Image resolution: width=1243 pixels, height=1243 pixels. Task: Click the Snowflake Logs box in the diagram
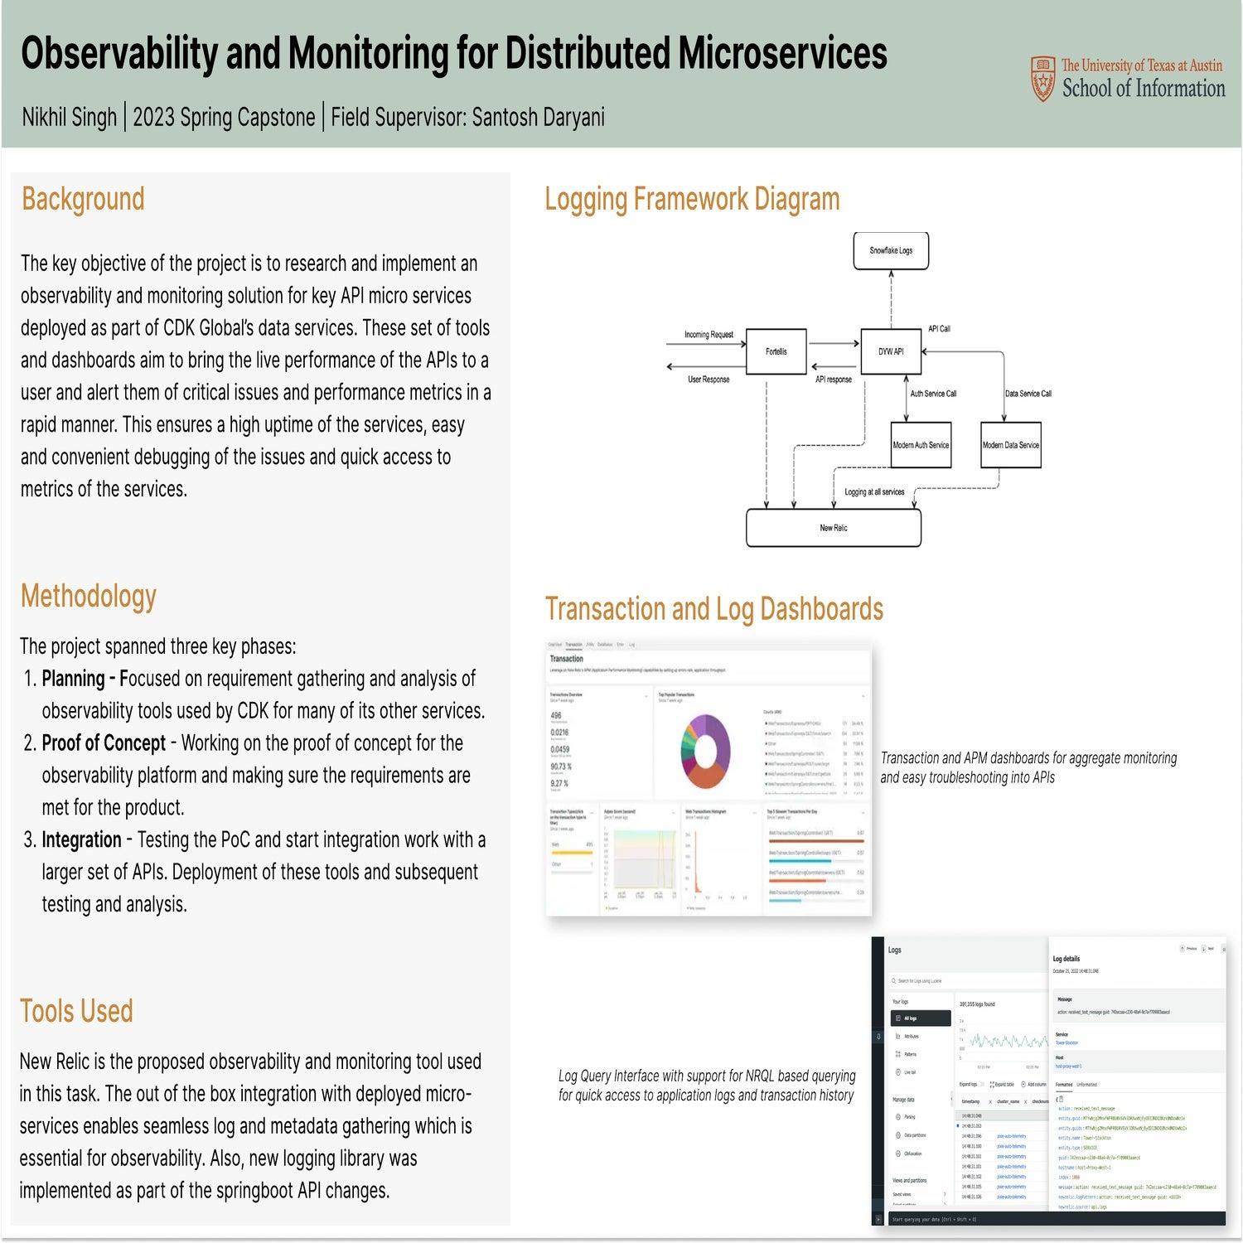[891, 250]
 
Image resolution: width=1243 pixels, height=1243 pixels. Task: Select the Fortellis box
[776, 352]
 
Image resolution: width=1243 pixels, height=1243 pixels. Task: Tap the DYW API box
[891, 352]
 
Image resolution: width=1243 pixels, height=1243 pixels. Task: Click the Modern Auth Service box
[921, 445]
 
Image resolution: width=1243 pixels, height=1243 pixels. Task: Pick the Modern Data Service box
[1010, 445]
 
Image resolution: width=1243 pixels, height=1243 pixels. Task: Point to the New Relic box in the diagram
[833, 528]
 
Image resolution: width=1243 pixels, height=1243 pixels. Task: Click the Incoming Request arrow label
[709, 335]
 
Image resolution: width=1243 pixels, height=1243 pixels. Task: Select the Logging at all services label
[874, 492]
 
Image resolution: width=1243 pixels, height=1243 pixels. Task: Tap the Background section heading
[83, 200]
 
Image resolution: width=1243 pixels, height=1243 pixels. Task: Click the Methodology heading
[89, 597]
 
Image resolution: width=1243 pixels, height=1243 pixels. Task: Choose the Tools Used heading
[76, 1012]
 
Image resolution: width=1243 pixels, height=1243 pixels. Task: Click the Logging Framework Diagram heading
[692, 200]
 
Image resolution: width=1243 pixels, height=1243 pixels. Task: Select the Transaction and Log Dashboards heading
[713, 609]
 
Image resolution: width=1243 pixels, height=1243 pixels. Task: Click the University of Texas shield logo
[1043, 79]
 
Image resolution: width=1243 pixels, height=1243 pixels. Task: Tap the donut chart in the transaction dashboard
[705, 752]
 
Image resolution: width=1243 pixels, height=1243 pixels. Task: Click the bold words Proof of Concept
[104, 743]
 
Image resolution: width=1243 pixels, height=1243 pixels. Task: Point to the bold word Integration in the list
[81, 840]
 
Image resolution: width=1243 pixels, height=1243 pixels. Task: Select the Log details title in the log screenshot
[1066, 959]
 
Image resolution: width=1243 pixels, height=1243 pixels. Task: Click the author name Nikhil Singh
[69, 118]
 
